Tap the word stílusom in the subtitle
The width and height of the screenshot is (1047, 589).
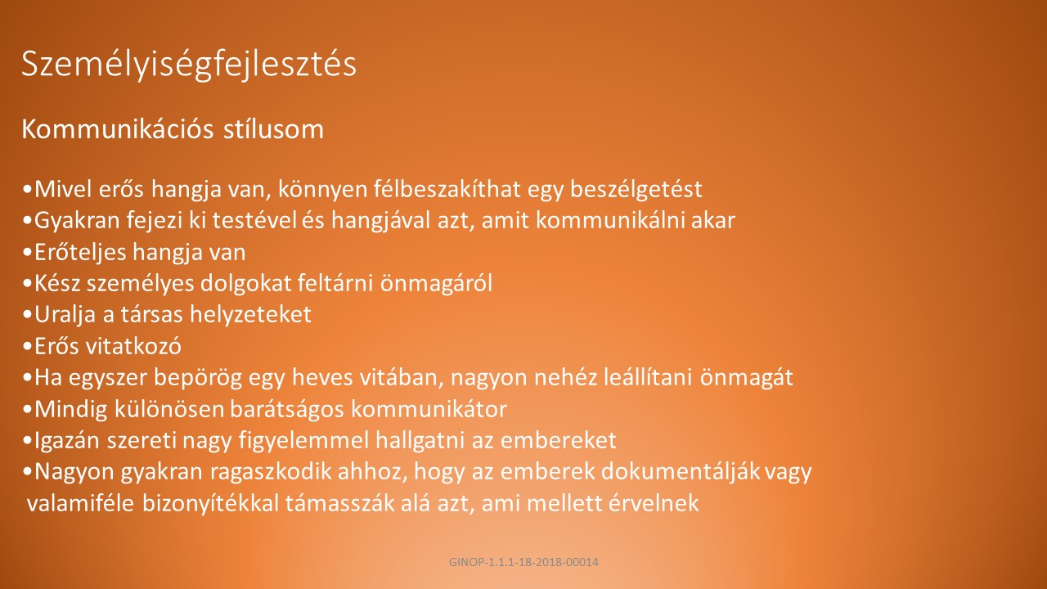click(x=273, y=129)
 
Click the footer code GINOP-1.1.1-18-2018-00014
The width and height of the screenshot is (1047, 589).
click(x=523, y=562)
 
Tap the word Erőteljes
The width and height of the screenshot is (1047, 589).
click(x=80, y=253)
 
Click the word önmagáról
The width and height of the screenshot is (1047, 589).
click(x=436, y=283)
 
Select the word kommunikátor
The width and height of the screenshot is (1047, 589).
click(x=429, y=409)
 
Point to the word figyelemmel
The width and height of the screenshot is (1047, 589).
click(x=303, y=441)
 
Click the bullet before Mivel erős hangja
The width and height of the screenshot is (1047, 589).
click(x=27, y=190)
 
